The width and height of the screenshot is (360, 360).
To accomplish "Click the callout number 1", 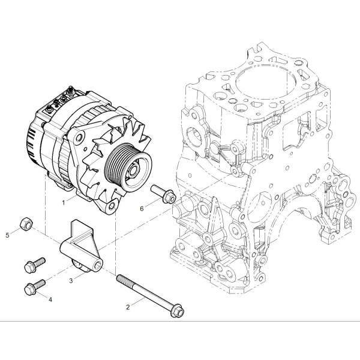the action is [x=64, y=203].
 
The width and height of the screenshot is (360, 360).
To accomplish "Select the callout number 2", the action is [x=128, y=307].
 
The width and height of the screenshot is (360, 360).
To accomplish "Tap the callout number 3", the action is [x=71, y=281].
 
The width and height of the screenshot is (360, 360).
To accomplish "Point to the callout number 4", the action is [x=50, y=299].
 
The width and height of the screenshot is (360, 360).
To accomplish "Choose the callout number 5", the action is [x=8, y=235].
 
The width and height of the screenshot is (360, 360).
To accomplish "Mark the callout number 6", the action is [x=142, y=208].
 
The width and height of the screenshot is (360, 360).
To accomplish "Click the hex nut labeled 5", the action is [x=26, y=223].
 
